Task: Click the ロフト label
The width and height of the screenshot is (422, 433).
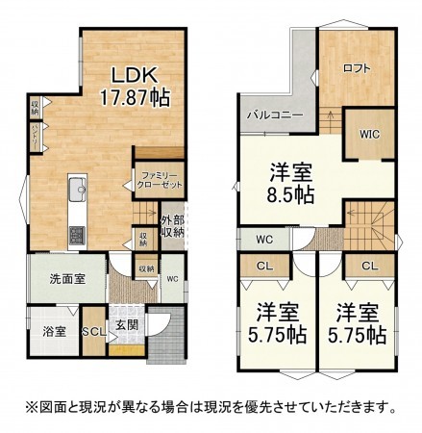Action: (x=356, y=67)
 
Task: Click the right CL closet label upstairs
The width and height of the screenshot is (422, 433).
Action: (x=369, y=267)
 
